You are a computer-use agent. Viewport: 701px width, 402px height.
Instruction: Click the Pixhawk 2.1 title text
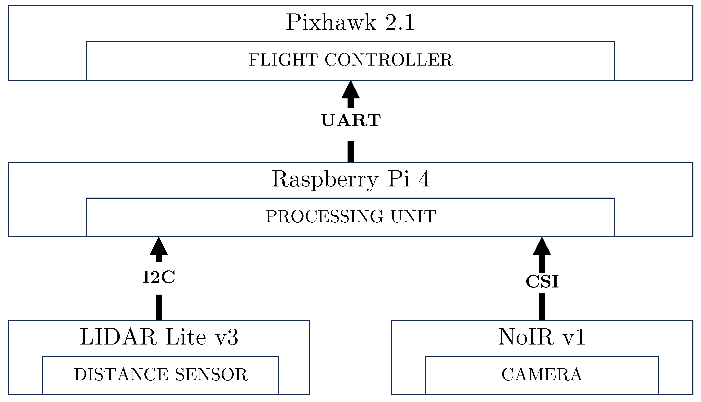pyautogui.click(x=350, y=23)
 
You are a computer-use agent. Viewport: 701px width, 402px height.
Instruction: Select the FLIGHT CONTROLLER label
pyautogui.click(x=350, y=60)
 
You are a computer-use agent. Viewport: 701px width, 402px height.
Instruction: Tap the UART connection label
pyautogui.click(x=351, y=121)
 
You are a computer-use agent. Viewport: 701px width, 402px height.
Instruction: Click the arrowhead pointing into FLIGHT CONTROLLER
pyautogui.click(x=350, y=91)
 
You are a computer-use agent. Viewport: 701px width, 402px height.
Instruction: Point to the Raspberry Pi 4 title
pyautogui.click(x=350, y=179)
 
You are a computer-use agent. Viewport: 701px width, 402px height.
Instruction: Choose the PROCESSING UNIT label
pyautogui.click(x=350, y=216)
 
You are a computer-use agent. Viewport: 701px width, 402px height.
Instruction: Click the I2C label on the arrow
pyautogui.click(x=159, y=278)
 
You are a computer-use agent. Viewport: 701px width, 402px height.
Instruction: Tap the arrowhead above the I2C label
pyautogui.click(x=159, y=247)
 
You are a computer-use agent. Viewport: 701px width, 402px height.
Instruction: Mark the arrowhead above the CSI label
pyautogui.click(x=542, y=247)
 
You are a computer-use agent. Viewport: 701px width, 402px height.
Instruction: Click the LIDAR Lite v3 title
pyautogui.click(x=159, y=337)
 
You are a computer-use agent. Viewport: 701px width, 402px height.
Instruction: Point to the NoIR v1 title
pyautogui.click(x=542, y=337)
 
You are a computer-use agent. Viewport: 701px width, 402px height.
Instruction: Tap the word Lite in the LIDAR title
pyautogui.click(x=186, y=337)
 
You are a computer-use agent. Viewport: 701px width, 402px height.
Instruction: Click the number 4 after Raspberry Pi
pyautogui.click(x=424, y=179)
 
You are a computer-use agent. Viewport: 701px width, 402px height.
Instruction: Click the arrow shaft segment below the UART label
pyautogui.click(x=350, y=151)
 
